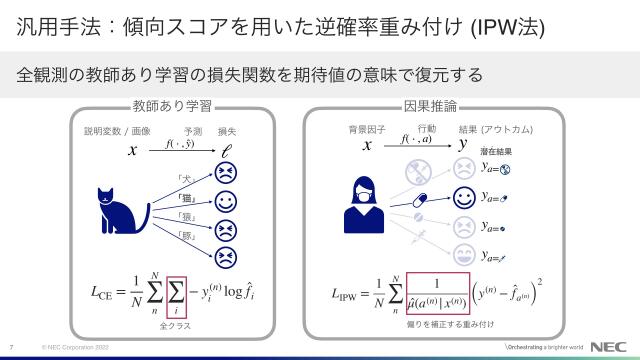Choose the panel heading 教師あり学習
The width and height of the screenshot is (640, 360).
[172, 105]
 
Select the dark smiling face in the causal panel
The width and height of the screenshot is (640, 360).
[463, 196]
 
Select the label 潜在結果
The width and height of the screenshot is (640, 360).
[496, 152]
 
